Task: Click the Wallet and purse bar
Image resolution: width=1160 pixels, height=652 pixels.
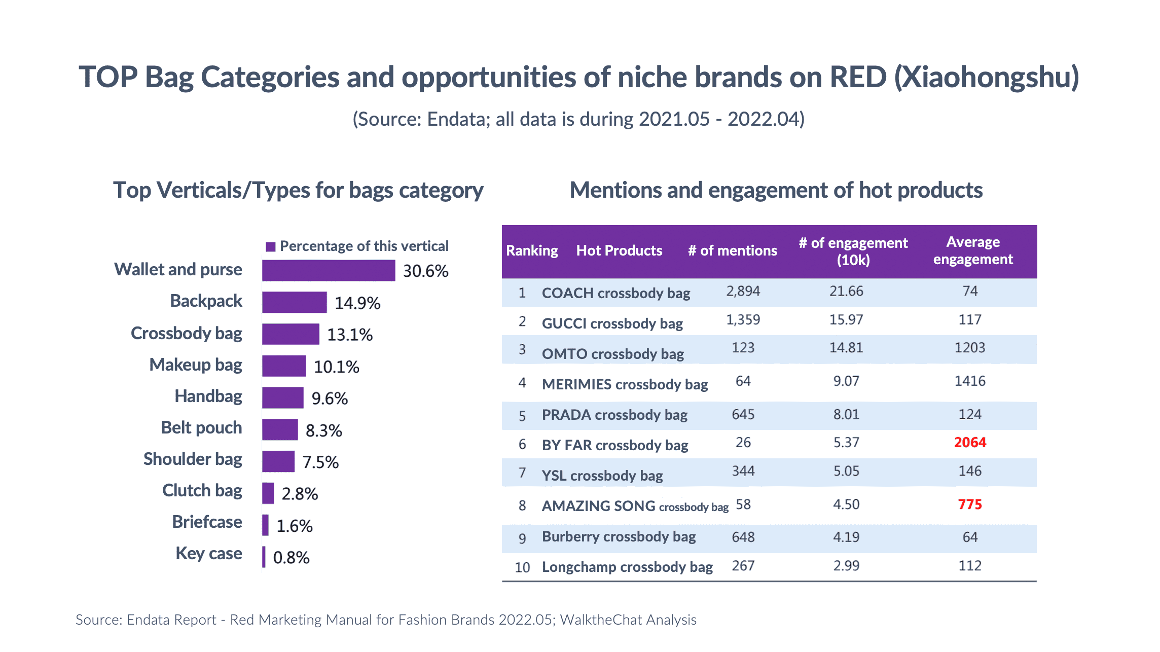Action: point(329,271)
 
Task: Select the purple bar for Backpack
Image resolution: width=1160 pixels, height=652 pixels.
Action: point(295,303)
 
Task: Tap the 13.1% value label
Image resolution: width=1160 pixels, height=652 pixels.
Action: point(350,335)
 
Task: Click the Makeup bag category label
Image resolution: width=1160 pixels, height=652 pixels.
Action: point(196,365)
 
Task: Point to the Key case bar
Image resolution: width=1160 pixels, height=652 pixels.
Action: point(264,557)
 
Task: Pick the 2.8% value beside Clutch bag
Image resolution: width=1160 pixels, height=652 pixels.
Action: point(300,494)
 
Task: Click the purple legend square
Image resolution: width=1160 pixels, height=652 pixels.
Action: point(271,247)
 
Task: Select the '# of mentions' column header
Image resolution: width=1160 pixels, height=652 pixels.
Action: point(732,250)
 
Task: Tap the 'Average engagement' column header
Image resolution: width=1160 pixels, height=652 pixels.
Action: point(972,250)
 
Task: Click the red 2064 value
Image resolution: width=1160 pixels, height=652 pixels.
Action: point(970,442)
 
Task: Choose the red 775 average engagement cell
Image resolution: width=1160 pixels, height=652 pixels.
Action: point(970,504)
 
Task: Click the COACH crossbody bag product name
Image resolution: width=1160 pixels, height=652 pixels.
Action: point(616,293)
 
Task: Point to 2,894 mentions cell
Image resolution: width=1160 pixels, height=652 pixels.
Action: point(743,291)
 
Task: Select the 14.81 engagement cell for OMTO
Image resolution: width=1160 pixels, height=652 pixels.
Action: point(846,348)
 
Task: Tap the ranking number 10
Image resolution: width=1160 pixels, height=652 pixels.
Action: point(522,567)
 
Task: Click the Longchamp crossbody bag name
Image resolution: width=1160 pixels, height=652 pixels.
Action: point(627,567)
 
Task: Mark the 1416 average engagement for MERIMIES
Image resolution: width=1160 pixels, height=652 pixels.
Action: point(970,381)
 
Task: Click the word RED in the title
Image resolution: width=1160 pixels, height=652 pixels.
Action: point(858,77)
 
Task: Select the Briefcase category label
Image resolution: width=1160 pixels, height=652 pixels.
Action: point(207,522)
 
